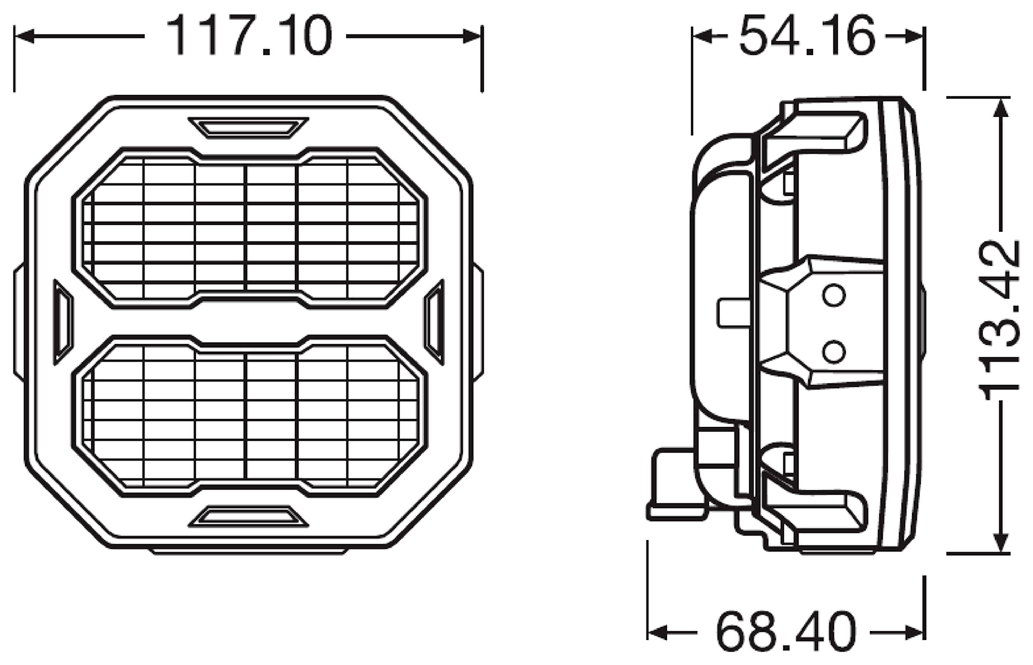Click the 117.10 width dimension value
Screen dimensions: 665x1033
tap(249, 36)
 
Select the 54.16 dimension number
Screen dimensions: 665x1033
tap(807, 36)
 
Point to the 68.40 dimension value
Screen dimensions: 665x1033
tap(785, 633)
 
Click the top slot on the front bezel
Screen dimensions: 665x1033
tap(249, 127)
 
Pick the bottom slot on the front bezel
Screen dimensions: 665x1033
tap(249, 516)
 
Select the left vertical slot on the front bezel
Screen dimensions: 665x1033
tap(63, 322)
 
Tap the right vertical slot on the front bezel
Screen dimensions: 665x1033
tap(434, 322)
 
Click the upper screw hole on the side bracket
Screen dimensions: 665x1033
tap(833, 296)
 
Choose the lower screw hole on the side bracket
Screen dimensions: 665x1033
tap(833, 351)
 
